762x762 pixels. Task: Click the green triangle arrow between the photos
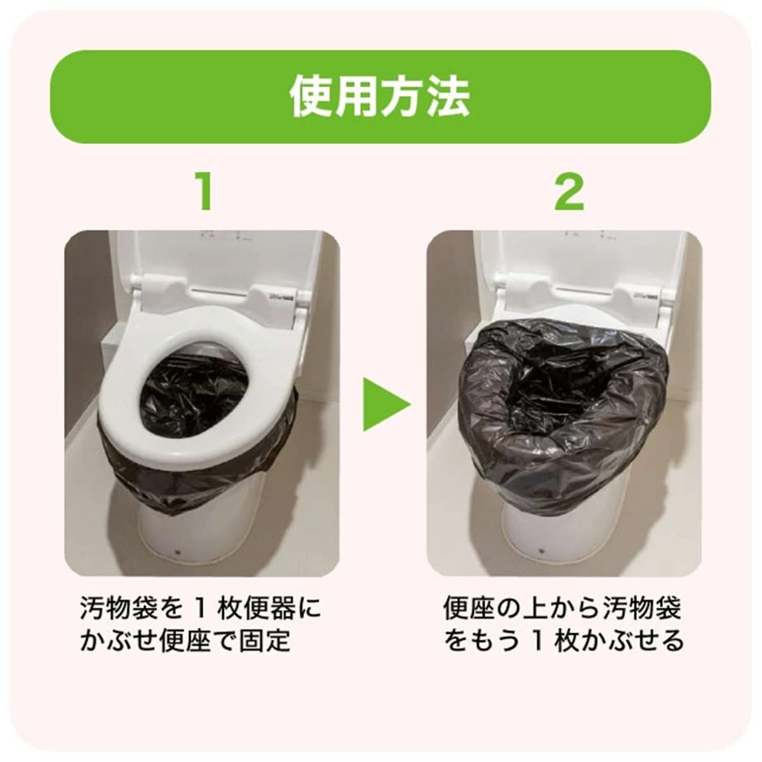[x=383, y=402]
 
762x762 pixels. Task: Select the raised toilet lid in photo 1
[x=213, y=259]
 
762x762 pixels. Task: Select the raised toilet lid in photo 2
[x=579, y=259]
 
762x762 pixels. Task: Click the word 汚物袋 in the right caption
[x=644, y=610]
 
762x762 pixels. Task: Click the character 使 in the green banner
[x=311, y=96]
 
